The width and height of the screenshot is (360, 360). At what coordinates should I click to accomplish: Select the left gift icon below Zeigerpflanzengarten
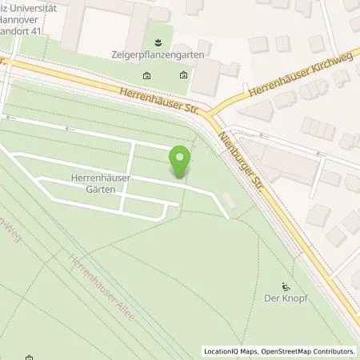147,76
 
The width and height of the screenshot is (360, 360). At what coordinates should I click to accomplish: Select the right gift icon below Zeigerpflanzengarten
183,76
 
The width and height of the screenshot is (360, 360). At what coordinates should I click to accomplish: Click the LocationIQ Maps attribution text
231,351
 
